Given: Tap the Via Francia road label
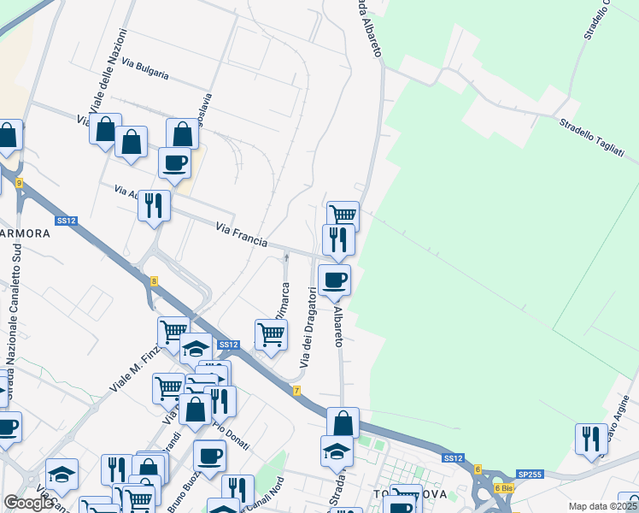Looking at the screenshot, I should pos(242,235).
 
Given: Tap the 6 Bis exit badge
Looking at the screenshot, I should pos(504,488).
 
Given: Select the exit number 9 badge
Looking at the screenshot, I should pos(18,183).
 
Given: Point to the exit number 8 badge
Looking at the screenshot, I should pos(154,280).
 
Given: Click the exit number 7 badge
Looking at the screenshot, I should pos(296,391).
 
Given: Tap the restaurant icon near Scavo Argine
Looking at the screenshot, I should pos(591,439).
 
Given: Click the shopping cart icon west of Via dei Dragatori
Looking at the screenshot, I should pos(271,335).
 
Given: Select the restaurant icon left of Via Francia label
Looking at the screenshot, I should pos(154,205).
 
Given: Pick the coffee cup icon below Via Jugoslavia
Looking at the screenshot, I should pos(174,162).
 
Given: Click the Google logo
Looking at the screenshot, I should pos(28,503).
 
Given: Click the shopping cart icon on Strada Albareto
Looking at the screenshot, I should pos(343,215).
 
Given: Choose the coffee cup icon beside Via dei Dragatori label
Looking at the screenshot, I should pos(334,279).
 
